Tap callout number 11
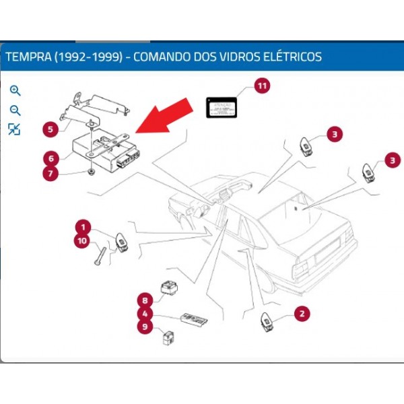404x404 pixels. (261, 86)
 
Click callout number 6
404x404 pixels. (49, 159)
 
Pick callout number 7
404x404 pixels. (49, 174)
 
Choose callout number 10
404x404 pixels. (82, 240)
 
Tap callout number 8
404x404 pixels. (143, 300)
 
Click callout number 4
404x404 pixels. (143, 313)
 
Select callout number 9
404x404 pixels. (143, 327)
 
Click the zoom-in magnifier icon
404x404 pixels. (15, 90)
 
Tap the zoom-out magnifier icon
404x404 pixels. (15, 110)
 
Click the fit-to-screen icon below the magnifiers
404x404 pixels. (14, 129)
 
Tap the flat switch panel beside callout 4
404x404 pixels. (193, 318)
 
